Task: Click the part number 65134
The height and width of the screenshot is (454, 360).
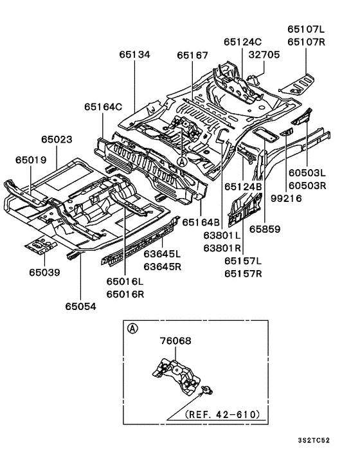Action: [x=134, y=55]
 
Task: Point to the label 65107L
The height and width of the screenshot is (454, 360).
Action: [x=306, y=30]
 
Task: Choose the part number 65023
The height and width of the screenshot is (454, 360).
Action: [x=57, y=139]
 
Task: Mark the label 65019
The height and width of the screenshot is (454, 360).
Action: [x=31, y=158]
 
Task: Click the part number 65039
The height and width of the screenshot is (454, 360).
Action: [x=44, y=273]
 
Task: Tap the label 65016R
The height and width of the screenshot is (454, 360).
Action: [x=125, y=294]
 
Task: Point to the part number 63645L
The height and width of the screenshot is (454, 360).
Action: [x=162, y=255]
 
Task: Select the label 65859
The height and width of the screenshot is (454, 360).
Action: [x=265, y=228]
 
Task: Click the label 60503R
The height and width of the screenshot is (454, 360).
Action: [x=307, y=186]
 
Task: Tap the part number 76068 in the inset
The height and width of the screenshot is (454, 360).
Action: [x=174, y=341]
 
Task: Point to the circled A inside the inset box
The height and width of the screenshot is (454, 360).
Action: [x=133, y=329]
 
